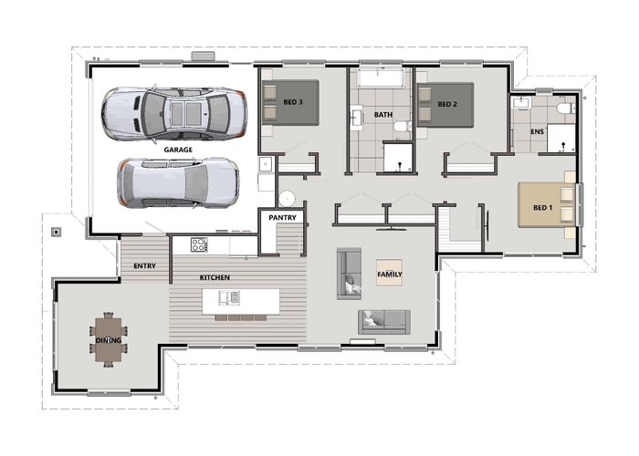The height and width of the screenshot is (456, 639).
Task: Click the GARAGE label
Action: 178,150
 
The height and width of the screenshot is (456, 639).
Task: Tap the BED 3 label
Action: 293,102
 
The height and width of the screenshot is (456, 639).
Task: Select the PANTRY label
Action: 282,218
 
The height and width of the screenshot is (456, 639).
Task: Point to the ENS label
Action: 537,131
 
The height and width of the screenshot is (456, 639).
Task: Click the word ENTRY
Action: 144,266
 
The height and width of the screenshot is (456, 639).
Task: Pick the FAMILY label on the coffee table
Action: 390,274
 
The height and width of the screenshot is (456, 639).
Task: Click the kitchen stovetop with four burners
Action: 199,244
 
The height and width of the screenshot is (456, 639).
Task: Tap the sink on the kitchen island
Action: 229,297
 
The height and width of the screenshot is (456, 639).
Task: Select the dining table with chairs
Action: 109,339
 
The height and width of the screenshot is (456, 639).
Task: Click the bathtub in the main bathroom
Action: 381,78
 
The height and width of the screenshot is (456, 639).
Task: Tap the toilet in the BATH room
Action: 403,126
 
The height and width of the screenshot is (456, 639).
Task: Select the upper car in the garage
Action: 174,114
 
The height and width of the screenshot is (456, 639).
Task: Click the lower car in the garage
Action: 178,182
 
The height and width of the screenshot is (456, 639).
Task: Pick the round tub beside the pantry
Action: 287,199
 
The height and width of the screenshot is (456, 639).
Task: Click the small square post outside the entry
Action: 57,232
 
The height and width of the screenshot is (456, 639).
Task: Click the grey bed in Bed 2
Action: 445,105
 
